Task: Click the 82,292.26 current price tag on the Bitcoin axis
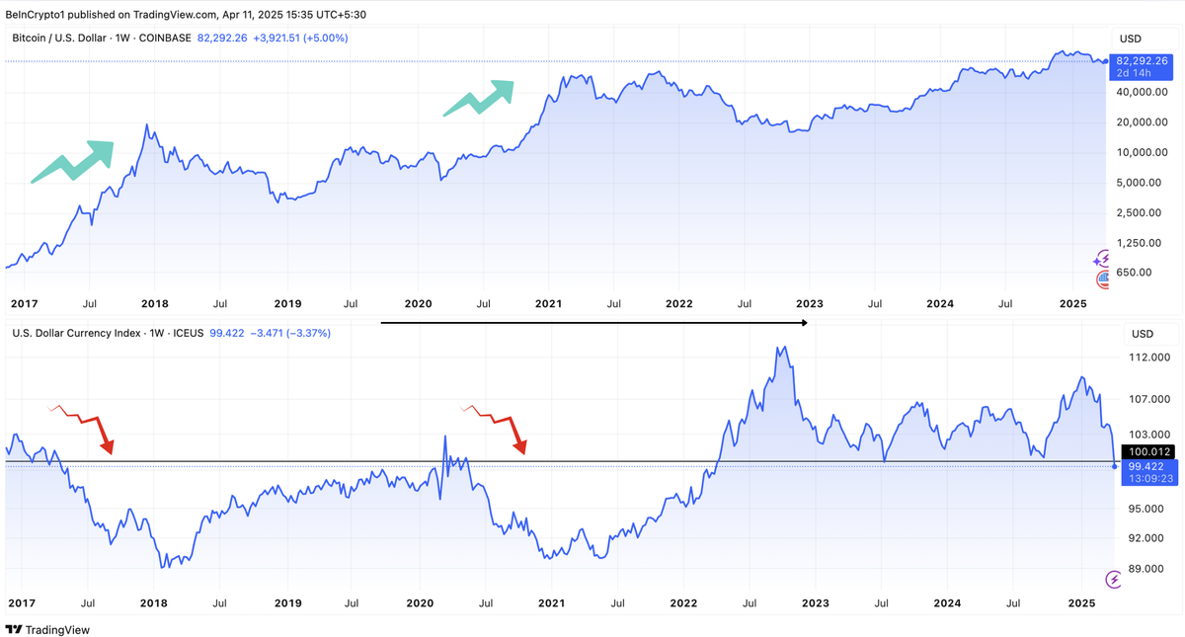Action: point(1143,60)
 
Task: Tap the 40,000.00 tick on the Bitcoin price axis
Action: point(1142,92)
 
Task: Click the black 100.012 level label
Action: point(1149,452)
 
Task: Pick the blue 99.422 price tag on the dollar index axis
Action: point(1147,466)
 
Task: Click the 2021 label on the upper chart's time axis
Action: point(548,304)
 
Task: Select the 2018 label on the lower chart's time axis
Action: point(153,602)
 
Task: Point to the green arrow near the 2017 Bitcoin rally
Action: point(74,162)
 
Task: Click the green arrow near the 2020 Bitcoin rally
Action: point(480,97)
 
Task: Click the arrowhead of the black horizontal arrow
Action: point(804,323)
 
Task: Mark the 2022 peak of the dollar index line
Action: point(782,347)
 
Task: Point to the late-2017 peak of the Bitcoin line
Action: point(147,125)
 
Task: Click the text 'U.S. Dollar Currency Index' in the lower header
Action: point(77,334)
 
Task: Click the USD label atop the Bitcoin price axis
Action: point(1130,39)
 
